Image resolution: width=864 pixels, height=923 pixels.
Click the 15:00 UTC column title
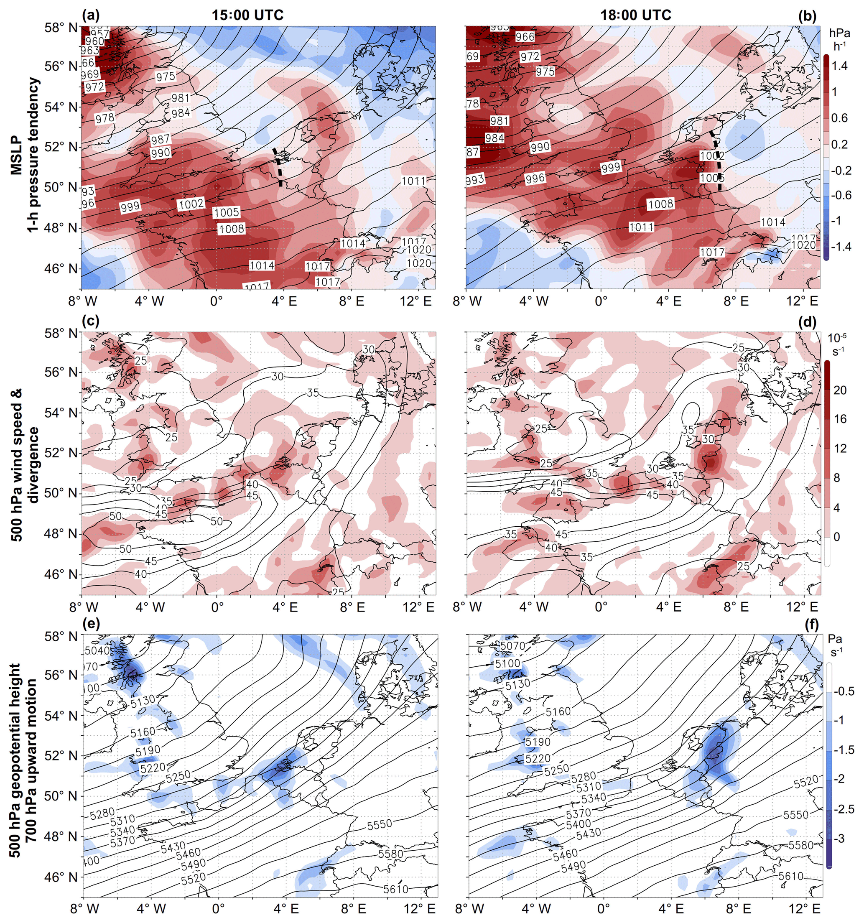(x=247, y=15)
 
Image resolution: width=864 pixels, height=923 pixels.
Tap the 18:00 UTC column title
(x=636, y=15)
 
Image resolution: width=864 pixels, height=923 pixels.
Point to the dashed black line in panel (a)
(x=278, y=167)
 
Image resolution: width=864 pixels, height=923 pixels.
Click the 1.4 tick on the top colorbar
(x=839, y=66)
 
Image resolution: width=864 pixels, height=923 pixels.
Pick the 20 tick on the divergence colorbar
(x=840, y=390)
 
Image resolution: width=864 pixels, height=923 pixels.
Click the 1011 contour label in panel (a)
(x=414, y=180)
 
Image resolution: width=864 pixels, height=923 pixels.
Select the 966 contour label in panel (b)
(x=525, y=37)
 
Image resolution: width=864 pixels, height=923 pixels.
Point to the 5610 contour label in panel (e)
(x=395, y=889)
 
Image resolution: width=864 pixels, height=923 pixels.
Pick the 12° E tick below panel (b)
(x=802, y=301)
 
